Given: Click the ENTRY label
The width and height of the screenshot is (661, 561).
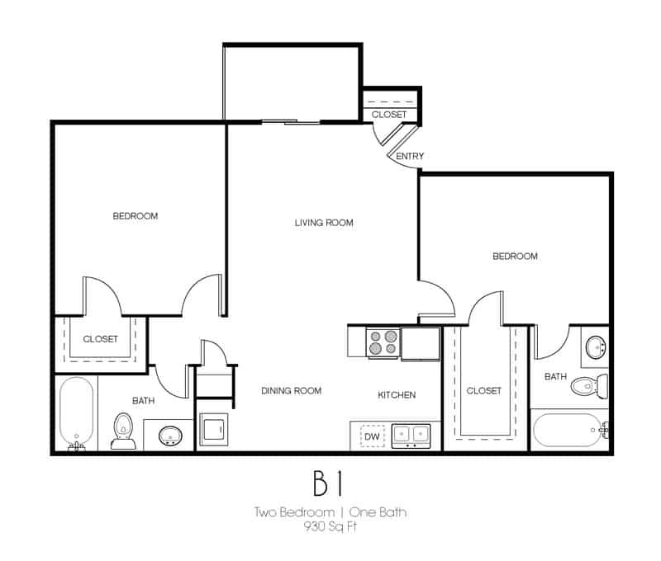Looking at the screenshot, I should tap(411, 157).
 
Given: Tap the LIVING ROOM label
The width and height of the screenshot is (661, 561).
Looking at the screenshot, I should tap(324, 223).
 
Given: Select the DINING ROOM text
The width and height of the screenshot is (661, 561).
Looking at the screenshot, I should tap(291, 391).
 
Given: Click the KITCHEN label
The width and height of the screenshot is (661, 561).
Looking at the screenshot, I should tap(397, 395).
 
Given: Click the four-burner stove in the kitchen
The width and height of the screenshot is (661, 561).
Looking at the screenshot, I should tap(383, 342).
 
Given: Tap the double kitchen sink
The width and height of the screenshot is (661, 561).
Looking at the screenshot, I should tap(410, 434).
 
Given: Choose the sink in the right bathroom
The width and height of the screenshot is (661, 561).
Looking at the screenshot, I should tap(594, 346).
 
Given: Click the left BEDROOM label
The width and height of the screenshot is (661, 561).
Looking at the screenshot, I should tap(135, 216).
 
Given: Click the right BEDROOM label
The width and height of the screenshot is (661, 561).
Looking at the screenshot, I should tap(515, 257).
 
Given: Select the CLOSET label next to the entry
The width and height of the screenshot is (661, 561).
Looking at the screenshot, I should tap(388, 115).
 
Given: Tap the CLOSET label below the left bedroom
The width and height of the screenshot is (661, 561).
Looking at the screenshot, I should tap(100, 339).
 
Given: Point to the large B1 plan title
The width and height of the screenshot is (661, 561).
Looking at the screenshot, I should tap(330, 481).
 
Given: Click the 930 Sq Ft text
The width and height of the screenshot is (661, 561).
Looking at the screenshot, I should tap(330, 526).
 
